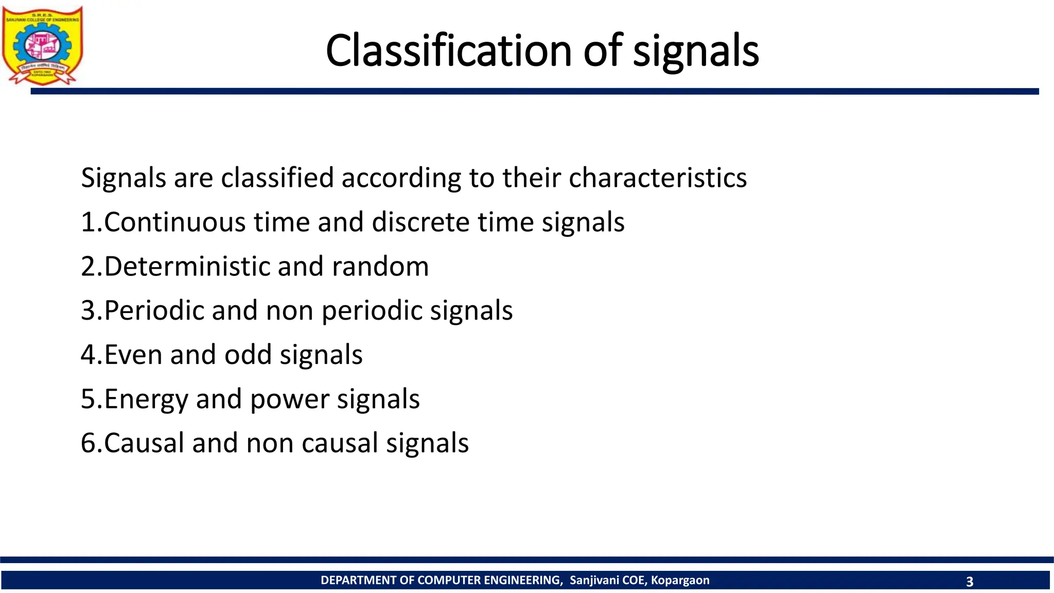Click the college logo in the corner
[x=42, y=45]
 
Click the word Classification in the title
[x=448, y=50]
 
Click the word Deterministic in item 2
[x=187, y=267]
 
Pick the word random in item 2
[x=380, y=267]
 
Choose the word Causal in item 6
[x=144, y=443]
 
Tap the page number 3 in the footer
[x=970, y=582]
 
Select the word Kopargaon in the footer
[x=680, y=581]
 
